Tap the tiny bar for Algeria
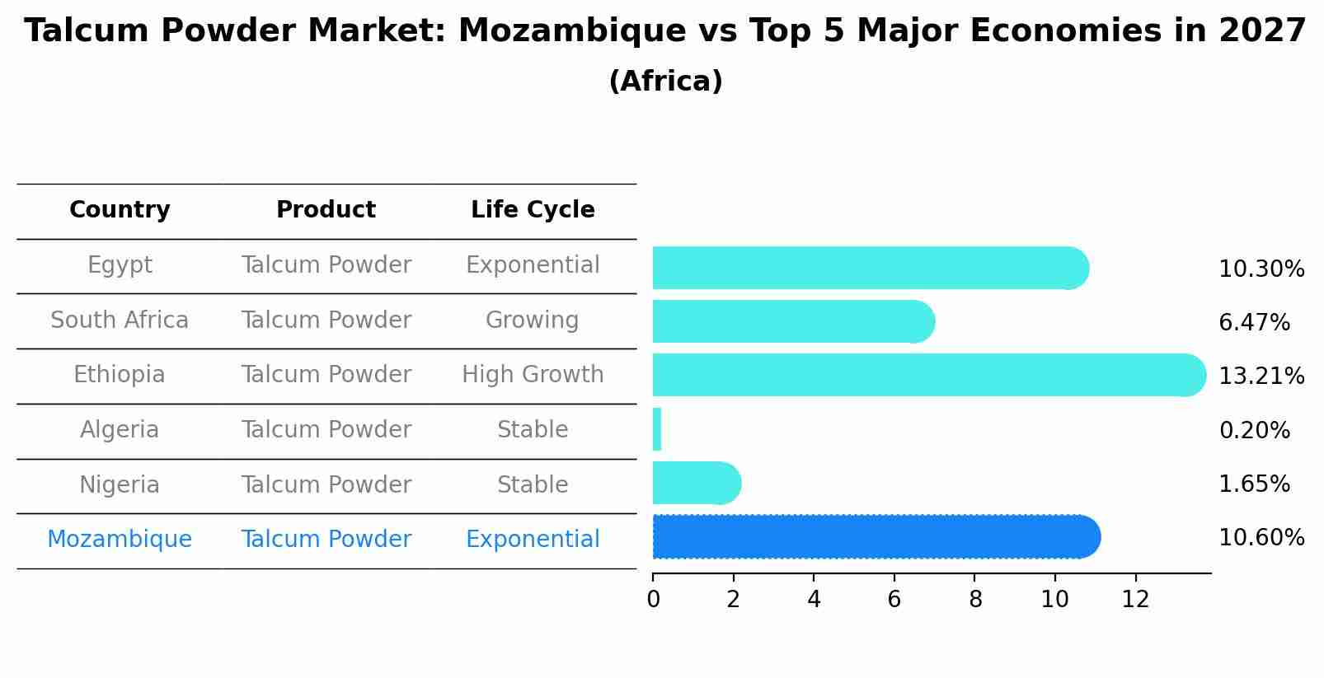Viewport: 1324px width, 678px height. click(x=657, y=429)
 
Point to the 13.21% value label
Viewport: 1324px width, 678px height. click(x=1261, y=376)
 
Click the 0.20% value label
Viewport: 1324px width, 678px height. click(x=1254, y=431)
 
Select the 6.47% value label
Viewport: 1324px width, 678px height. click(x=1254, y=323)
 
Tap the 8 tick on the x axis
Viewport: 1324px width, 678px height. click(x=975, y=600)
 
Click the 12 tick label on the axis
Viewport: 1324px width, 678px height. click(x=1135, y=600)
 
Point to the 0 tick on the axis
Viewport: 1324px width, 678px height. click(x=653, y=600)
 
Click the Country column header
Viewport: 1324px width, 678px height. click(x=120, y=210)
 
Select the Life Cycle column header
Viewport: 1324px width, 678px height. click(x=533, y=210)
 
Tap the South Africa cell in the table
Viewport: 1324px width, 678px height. click(x=120, y=320)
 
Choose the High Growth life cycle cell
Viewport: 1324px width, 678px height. click(x=533, y=375)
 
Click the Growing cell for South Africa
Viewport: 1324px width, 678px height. click(x=533, y=320)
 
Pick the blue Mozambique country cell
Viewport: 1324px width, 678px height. click(x=120, y=540)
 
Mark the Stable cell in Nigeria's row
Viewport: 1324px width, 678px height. click(x=533, y=485)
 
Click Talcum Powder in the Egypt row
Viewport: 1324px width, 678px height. click(x=326, y=265)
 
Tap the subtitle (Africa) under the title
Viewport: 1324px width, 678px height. click(x=665, y=82)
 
